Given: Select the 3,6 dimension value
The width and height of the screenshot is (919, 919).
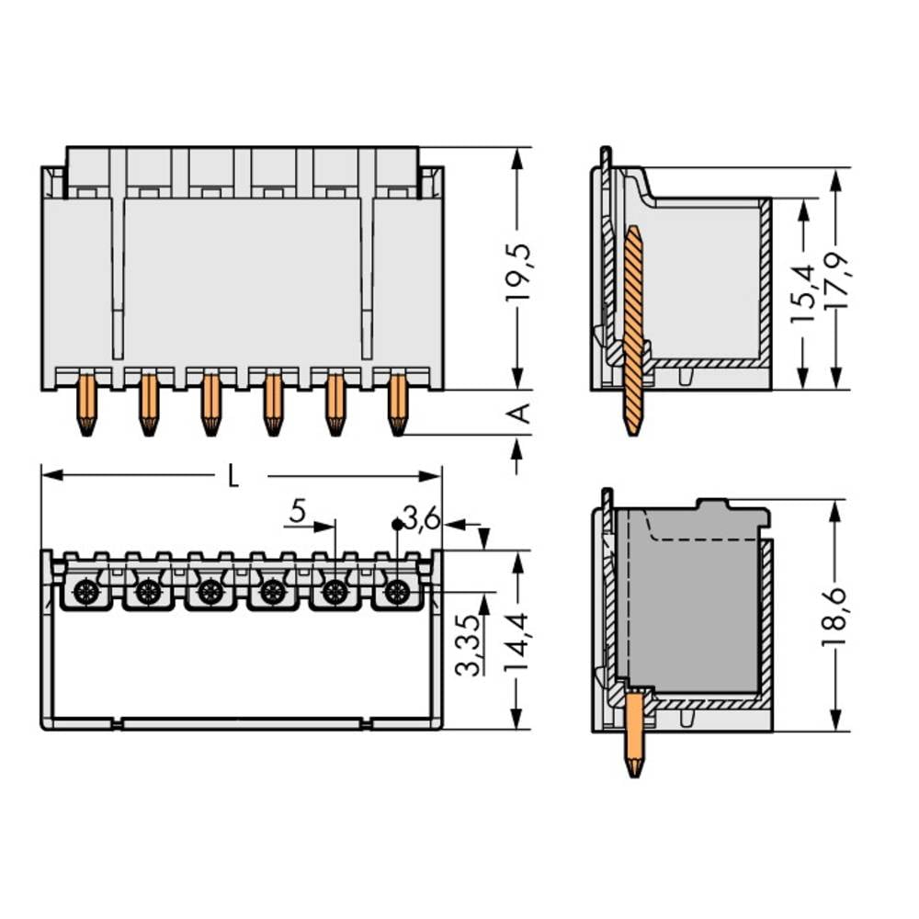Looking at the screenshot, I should pos(423,521).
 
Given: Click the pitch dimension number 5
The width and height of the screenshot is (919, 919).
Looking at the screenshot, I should pos(296,513).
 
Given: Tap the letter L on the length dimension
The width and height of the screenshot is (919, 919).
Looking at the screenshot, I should pos(233,476).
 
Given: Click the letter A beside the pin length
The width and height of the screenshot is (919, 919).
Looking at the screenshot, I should pos(519,414).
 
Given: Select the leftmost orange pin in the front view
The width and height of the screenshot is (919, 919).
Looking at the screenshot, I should pos(86,403).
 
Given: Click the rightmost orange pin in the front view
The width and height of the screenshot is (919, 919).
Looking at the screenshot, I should pos(397,403).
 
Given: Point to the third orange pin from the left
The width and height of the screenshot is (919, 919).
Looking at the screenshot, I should pos(210,403).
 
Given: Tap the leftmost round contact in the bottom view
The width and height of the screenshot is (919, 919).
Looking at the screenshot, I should pos(86,592).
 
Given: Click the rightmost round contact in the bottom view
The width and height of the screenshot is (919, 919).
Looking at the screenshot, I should pos(396,592).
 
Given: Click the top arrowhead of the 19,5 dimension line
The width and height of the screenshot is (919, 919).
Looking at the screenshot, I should pos(517,157).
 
